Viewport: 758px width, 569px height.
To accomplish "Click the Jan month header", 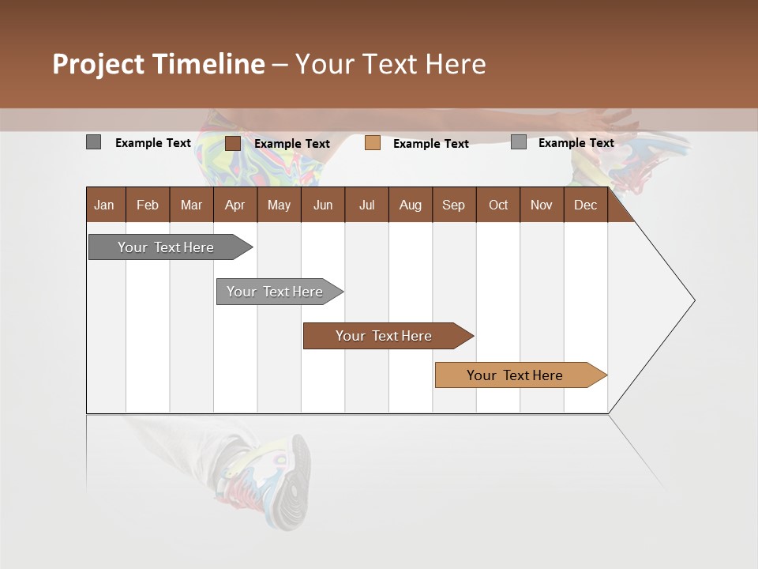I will [104, 205].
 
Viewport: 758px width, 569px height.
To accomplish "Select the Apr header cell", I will [235, 205].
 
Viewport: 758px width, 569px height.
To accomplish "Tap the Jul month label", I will [366, 205].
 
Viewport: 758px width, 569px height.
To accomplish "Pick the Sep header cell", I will [453, 205].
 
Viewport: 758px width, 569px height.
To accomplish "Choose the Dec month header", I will [585, 205].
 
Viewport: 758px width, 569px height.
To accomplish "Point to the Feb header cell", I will [148, 205].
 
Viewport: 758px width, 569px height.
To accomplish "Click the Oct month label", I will [498, 205].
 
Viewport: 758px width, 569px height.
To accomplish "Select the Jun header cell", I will [323, 205].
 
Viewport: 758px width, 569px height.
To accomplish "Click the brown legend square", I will [233, 143].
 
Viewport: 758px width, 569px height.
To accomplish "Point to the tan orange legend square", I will [373, 143].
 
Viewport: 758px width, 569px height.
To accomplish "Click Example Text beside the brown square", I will [292, 144].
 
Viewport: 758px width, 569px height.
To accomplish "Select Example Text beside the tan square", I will [431, 144].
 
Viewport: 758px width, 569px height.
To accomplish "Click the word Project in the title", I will [99, 64].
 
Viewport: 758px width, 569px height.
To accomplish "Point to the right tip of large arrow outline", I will [693, 300].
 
